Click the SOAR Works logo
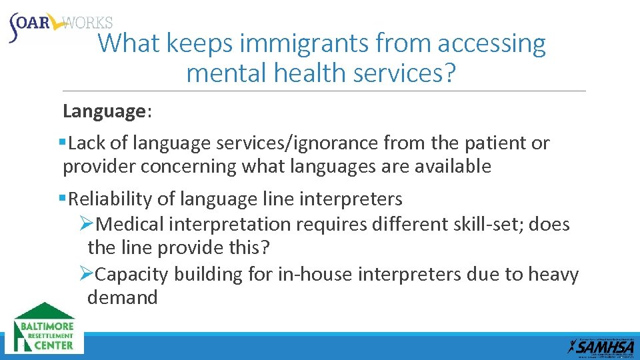[x=60, y=25]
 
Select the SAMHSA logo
[x=601, y=345]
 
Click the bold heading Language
[x=104, y=111]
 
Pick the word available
[x=453, y=166]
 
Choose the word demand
[x=123, y=297]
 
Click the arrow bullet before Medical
[x=85, y=225]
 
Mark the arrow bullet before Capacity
[x=85, y=275]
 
